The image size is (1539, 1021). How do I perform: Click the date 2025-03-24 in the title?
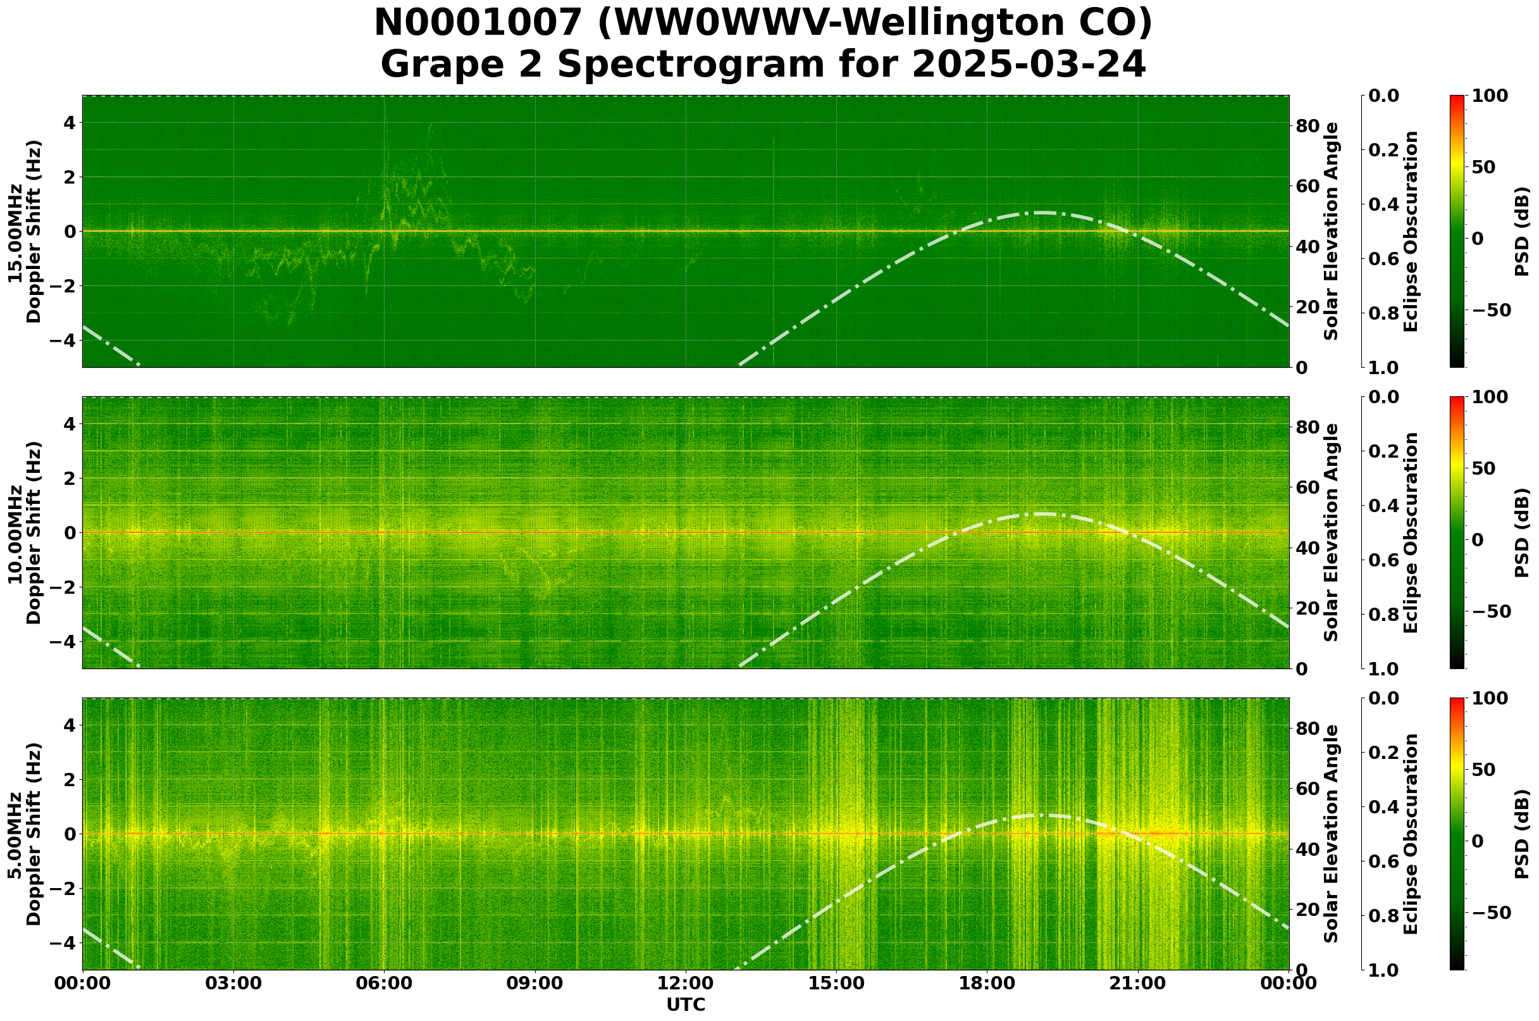[1028, 65]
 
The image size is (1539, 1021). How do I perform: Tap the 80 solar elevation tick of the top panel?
[1307, 126]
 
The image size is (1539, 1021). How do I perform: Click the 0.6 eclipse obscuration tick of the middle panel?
[1383, 560]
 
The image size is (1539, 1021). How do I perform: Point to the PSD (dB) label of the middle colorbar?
[1521, 532]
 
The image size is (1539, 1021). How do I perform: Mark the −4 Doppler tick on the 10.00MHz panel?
[63, 641]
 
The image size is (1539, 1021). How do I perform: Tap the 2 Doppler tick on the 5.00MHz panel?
[70, 779]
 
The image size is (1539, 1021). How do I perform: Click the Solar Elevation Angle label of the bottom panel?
[1332, 834]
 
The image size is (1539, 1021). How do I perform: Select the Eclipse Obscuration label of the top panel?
[1410, 231]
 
